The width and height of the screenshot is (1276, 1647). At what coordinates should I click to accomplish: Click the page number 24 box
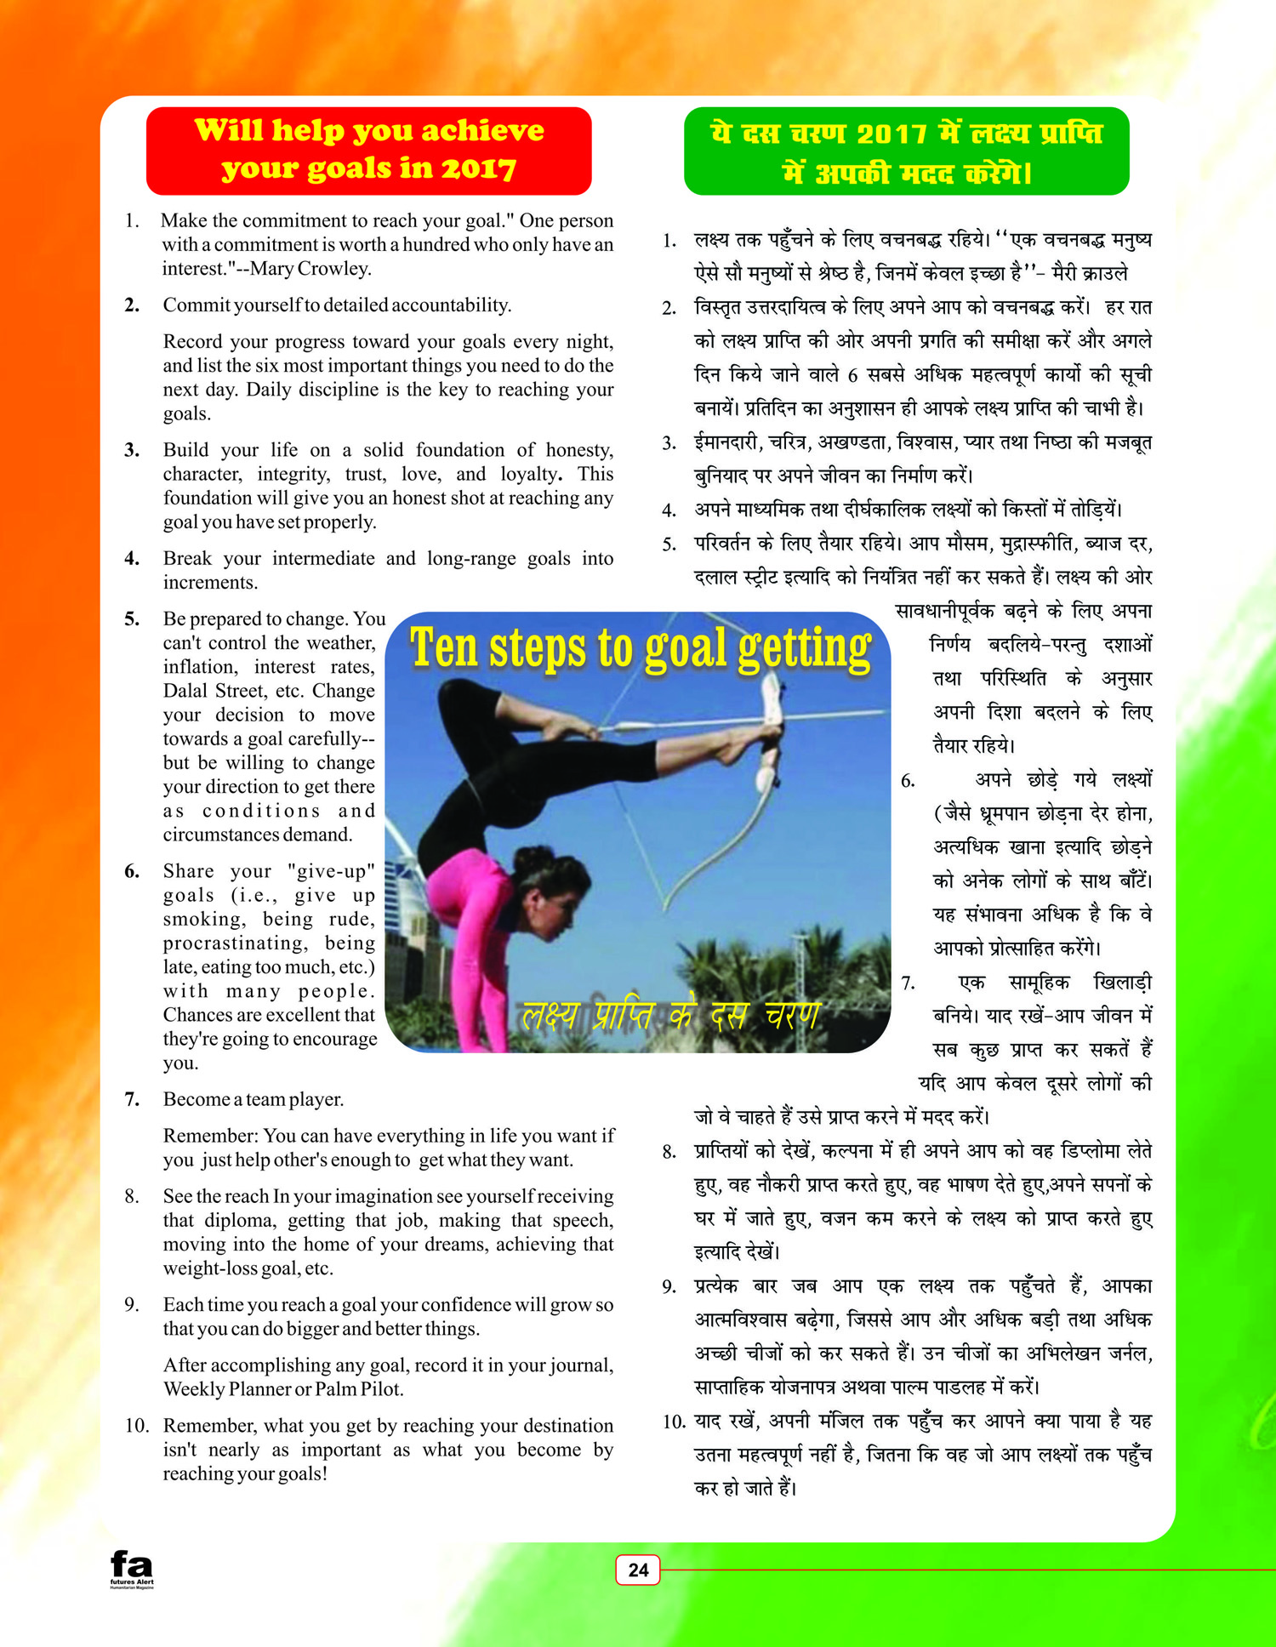click(x=638, y=1570)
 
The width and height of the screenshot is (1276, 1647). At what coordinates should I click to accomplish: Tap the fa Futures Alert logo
click(x=132, y=1568)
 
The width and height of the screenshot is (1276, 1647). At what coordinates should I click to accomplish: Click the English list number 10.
click(x=136, y=1426)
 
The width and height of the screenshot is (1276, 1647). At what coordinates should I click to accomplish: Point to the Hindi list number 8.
click(x=669, y=1152)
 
